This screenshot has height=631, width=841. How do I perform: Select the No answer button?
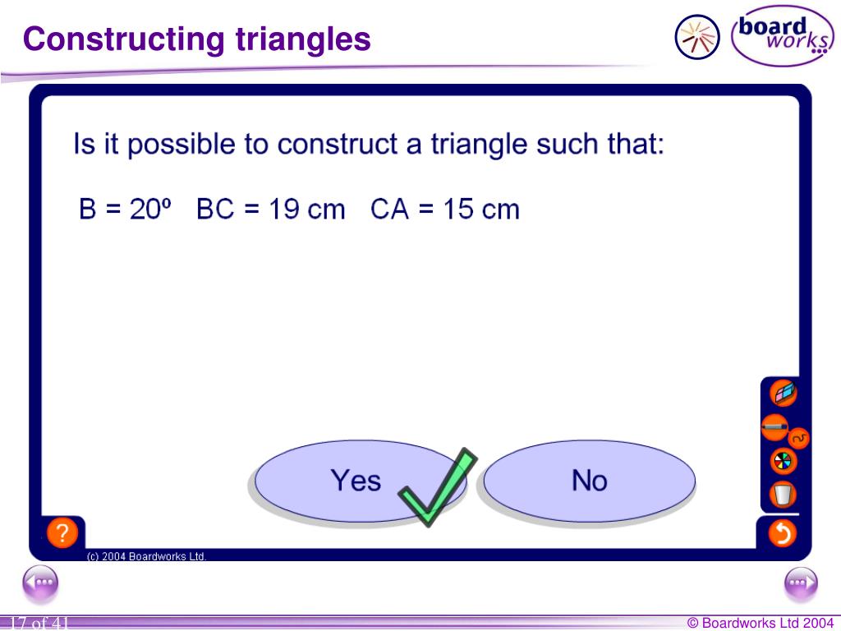pos(590,481)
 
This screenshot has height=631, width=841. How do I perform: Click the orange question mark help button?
pos(62,532)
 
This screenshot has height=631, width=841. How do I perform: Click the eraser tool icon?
pos(783,394)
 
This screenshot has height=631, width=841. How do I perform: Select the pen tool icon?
pos(775,427)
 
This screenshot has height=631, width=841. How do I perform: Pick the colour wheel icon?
pos(783,461)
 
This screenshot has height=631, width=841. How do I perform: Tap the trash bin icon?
pos(783,494)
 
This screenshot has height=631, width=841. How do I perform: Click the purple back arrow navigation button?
pos(40,583)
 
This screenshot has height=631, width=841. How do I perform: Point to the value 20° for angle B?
pos(150,209)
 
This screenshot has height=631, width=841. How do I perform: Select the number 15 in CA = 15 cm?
pos(458,209)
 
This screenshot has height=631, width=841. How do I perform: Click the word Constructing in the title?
pos(123,39)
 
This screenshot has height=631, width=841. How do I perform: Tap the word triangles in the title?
pos(303,39)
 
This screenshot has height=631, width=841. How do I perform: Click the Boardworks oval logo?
pos(783,36)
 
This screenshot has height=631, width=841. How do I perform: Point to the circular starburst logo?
pos(697,37)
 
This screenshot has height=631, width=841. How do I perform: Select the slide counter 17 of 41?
pos(39,623)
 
